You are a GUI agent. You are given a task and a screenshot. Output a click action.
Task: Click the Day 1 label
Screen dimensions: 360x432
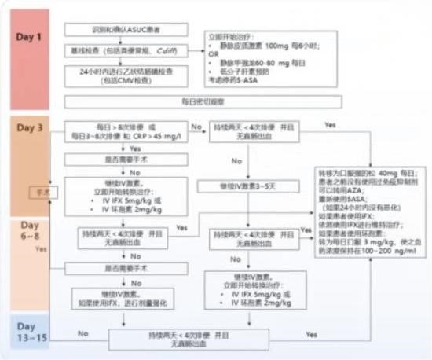[x=31, y=37]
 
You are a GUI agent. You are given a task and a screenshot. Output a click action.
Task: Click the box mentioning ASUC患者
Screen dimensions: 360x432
[x=126, y=29]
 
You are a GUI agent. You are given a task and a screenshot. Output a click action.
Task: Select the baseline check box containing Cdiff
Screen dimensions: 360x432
[x=126, y=50]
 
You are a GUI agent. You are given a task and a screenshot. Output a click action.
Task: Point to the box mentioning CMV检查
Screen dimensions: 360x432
[x=126, y=75]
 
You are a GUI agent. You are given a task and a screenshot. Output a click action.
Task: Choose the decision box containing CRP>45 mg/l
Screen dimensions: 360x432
[x=126, y=132]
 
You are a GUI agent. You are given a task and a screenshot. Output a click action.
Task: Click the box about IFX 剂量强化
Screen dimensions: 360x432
[x=126, y=296]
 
